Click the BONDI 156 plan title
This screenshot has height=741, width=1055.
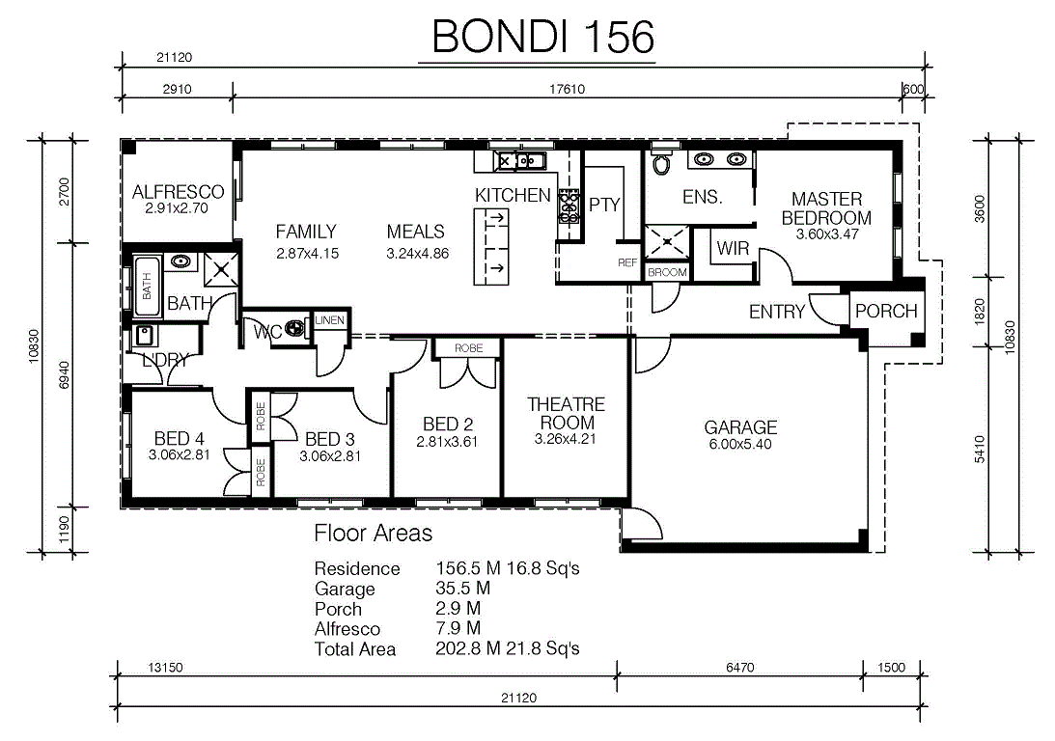click(x=543, y=37)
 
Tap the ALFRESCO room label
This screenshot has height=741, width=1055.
click(x=178, y=192)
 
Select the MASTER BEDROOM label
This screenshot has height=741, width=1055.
click(x=826, y=208)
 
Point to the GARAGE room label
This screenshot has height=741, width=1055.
click(x=740, y=427)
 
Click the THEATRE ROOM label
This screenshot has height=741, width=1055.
click(x=566, y=414)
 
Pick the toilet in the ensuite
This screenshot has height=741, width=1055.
click(x=662, y=162)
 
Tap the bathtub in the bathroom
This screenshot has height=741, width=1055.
click(x=148, y=287)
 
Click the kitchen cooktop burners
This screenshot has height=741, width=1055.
click(x=569, y=206)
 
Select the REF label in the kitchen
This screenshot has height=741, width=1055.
click(x=627, y=262)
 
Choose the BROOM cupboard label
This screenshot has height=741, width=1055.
click(x=667, y=272)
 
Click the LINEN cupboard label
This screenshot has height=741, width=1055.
click(x=330, y=320)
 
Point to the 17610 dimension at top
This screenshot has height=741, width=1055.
click(x=567, y=89)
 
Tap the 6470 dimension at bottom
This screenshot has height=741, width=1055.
click(x=739, y=667)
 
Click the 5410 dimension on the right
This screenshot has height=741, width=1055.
click(x=979, y=450)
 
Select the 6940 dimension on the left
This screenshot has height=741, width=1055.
click(x=64, y=375)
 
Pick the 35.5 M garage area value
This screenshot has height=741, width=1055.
click(x=463, y=589)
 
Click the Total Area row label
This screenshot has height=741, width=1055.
click(x=354, y=649)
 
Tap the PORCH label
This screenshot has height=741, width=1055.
click(x=886, y=312)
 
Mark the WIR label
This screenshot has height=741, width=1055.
click(x=733, y=248)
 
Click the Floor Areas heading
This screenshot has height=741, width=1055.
click(x=373, y=534)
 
